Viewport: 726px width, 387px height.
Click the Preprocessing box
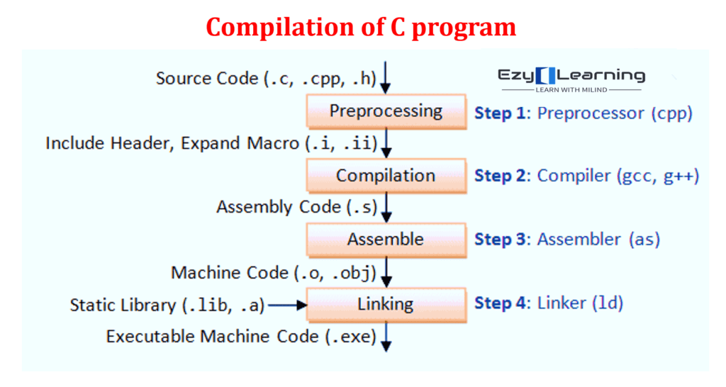386,111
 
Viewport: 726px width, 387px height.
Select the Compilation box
386,176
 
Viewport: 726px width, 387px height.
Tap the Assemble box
386,240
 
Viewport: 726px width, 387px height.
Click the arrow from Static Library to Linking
288,305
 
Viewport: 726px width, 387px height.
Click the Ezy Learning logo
571,79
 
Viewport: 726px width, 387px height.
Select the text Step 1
500,113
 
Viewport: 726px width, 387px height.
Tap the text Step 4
500,303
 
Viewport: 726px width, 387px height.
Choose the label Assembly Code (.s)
297,207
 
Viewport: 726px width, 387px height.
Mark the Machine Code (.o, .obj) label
274,273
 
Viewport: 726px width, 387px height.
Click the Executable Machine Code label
241,337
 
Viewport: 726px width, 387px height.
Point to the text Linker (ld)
580,303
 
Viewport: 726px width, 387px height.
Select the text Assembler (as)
598,240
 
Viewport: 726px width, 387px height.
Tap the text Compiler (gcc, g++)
618,176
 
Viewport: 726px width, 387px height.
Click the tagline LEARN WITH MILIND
571,90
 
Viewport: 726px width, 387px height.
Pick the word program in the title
464,28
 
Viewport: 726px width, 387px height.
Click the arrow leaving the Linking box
386,337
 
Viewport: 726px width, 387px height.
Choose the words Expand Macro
240,143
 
